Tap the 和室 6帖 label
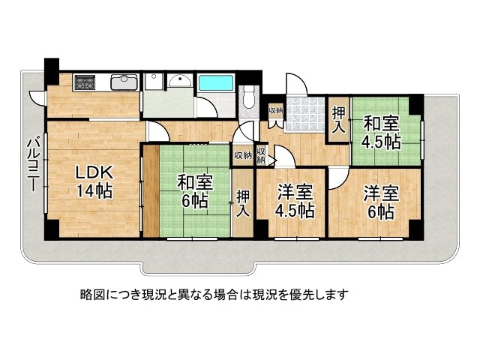193,190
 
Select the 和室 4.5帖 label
382,132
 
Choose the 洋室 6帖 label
381,202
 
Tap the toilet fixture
250,97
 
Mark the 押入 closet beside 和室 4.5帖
339,120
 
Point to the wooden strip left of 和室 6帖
151,191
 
